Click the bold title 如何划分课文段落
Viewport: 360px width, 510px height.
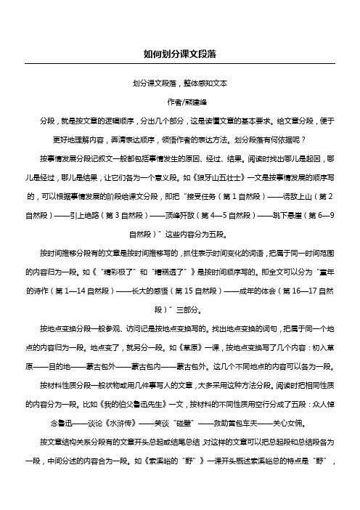click(179, 54)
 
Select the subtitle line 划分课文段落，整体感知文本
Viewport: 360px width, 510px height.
click(179, 84)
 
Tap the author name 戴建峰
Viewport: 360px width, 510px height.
click(186, 102)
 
